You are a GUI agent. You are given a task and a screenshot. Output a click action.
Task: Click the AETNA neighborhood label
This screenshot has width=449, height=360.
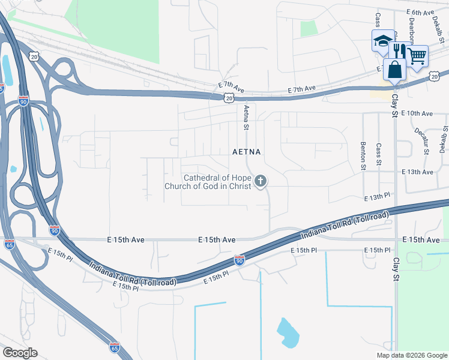tap(247, 152)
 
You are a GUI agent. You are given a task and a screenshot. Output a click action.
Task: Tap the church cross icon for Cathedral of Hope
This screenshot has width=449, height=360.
tap(261, 180)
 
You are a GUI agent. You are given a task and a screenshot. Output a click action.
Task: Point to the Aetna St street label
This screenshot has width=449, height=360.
tap(246, 118)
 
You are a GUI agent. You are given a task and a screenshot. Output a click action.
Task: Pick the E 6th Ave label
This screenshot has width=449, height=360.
tap(420, 12)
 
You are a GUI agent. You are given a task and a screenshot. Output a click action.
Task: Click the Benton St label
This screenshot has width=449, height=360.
tap(363, 156)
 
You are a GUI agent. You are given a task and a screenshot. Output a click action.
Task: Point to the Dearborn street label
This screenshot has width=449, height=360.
tap(412, 27)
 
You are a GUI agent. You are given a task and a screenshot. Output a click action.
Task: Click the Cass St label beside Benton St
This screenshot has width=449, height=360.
tap(378, 155)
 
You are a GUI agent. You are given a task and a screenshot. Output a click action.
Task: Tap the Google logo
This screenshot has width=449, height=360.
tap(20, 353)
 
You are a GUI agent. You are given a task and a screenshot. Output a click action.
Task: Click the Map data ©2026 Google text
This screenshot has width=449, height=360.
tap(411, 355)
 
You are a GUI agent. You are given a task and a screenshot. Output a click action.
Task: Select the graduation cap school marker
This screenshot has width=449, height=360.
tap(382, 41)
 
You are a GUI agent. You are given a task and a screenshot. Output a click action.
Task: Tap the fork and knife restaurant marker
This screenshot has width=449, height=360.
tap(398, 51)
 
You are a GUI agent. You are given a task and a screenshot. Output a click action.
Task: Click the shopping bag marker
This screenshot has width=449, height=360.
tap(394, 70)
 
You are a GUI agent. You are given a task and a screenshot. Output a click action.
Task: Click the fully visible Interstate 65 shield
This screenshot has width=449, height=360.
tap(115, 347)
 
